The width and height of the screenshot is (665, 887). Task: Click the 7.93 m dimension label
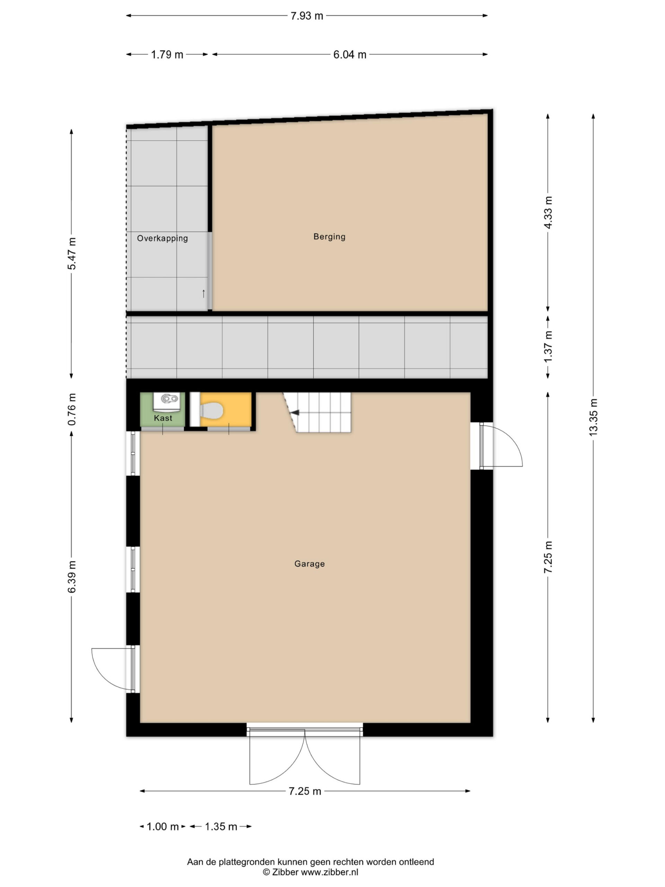(x=307, y=16)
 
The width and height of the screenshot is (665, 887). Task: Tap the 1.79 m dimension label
(x=167, y=54)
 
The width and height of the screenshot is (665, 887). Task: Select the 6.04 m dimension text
(x=350, y=54)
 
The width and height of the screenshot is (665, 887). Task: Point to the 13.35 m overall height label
(x=593, y=417)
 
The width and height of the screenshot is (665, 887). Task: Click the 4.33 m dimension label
(x=548, y=212)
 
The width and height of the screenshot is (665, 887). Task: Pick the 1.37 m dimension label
(x=548, y=346)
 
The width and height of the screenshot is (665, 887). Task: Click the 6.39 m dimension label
(x=72, y=577)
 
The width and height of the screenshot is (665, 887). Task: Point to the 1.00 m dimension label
(x=163, y=826)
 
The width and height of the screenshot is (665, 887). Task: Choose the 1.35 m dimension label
(x=221, y=826)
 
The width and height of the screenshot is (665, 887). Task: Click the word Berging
(x=329, y=237)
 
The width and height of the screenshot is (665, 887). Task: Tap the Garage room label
(x=309, y=564)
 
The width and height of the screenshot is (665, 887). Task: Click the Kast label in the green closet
(x=163, y=418)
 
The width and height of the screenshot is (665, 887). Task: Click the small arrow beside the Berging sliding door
(x=204, y=293)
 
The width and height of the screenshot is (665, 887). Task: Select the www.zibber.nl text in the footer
(x=329, y=872)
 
